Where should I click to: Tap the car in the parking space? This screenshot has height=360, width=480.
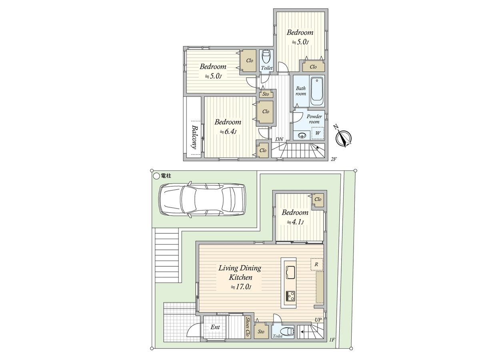[x=202, y=199]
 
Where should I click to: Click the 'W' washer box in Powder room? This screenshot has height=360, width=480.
[x=318, y=133]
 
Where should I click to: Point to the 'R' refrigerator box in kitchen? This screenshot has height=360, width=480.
[x=316, y=264]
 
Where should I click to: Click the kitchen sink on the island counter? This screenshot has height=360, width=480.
[x=290, y=272]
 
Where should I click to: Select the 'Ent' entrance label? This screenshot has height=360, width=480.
[x=215, y=327]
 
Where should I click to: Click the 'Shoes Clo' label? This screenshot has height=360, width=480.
[x=248, y=327]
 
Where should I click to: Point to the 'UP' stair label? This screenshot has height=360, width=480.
[x=318, y=320]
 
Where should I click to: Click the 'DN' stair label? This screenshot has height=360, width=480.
[x=279, y=139]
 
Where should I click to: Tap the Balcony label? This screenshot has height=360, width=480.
[x=194, y=137]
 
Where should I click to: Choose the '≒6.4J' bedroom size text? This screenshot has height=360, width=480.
[x=228, y=132]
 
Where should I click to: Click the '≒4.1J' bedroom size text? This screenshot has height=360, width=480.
[x=295, y=222]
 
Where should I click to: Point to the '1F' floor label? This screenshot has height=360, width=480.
[x=332, y=340]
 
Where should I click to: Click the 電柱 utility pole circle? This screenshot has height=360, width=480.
[x=156, y=176]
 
